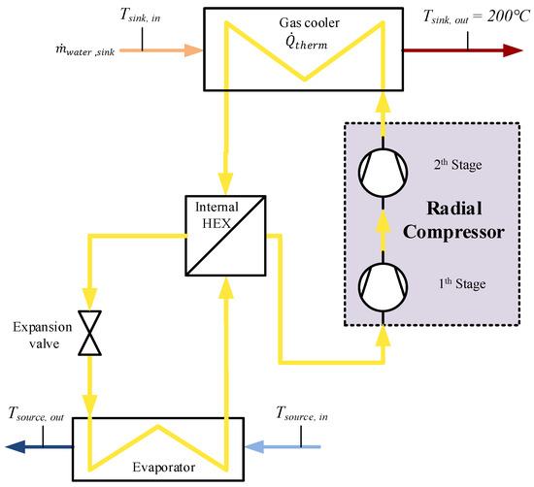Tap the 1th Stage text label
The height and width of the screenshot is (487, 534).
[457, 284]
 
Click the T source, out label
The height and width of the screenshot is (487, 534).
[44, 414]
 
